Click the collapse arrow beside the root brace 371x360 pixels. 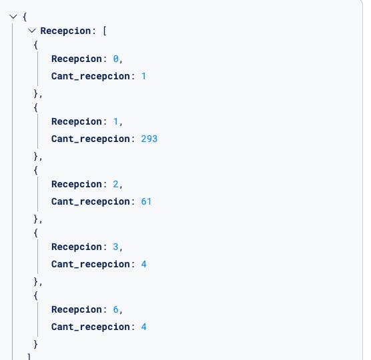point(13,17)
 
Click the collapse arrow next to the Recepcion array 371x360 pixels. point(32,31)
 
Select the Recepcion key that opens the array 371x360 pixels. point(65,31)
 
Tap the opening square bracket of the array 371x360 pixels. point(105,31)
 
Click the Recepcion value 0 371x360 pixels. point(115,59)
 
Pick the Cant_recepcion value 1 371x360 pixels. point(143,76)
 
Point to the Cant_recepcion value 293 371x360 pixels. point(149,139)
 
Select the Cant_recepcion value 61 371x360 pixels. point(146,201)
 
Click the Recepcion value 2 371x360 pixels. point(115,184)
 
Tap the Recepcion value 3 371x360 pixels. point(115,247)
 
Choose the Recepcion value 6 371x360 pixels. point(115,309)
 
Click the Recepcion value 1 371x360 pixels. point(115,121)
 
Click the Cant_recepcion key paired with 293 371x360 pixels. point(91,139)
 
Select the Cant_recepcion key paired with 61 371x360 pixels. point(91,201)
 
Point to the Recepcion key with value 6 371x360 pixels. point(77,309)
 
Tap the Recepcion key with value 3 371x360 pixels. point(77,247)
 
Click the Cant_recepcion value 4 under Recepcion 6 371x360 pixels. point(143,327)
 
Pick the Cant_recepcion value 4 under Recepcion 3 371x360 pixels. point(143,264)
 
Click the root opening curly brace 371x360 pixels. point(25,17)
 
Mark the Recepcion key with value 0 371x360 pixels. point(77,59)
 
